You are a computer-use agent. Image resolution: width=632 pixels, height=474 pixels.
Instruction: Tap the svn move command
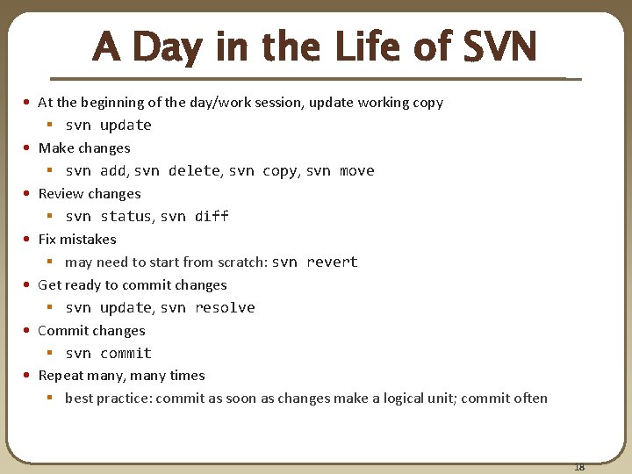point(340,170)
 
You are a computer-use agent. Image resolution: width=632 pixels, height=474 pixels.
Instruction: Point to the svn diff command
point(194,216)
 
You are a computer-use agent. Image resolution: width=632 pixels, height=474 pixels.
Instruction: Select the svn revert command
point(314,262)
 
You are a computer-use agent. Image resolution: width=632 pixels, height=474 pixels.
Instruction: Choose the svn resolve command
point(207,307)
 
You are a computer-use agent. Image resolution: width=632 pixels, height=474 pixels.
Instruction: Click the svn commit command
point(108,353)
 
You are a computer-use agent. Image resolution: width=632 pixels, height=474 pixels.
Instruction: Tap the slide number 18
point(578,466)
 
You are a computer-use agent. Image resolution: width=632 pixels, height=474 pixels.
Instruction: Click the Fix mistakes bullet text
point(77,239)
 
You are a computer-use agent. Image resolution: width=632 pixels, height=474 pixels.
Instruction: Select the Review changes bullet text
point(90,193)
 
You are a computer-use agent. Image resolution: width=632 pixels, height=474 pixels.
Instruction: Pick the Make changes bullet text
point(84,147)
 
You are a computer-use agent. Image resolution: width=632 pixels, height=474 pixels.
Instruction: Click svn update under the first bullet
point(108,125)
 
